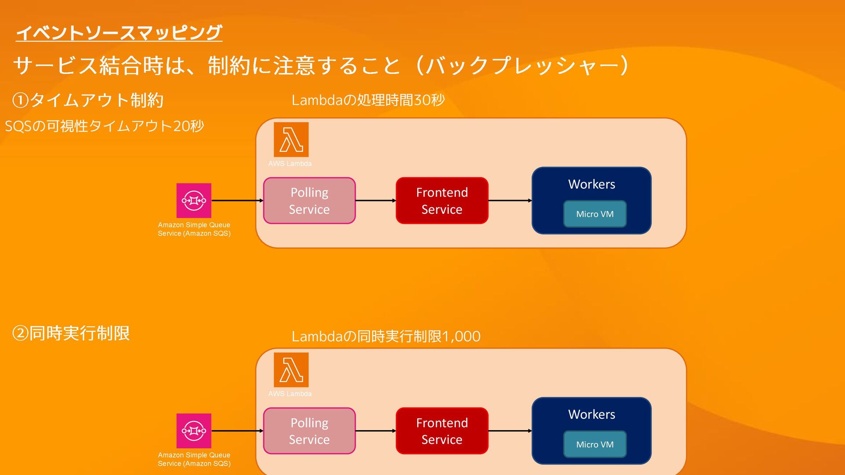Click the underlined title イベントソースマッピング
click(x=119, y=33)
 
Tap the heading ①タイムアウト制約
click(x=88, y=100)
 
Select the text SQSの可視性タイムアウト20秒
click(x=104, y=126)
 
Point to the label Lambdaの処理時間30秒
click(x=368, y=100)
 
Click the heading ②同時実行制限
click(x=71, y=333)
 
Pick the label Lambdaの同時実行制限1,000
click(x=386, y=336)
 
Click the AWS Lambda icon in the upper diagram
click(x=291, y=139)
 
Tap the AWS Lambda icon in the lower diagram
click(x=291, y=370)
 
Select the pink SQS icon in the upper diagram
click(x=194, y=201)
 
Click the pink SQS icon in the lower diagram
click(x=194, y=431)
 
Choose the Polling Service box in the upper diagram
click(x=309, y=201)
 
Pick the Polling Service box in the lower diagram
click(x=309, y=431)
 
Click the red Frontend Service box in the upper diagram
click(x=442, y=201)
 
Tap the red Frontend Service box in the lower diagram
click(x=442, y=431)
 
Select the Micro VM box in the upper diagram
click(x=595, y=214)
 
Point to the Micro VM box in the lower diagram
click(x=595, y=445)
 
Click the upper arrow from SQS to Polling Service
click(x=237, y=201)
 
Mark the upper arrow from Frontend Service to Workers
click(x=510, y=201)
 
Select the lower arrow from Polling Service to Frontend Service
click(x=375, y=431)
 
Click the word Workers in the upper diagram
click(x=591, y=184)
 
